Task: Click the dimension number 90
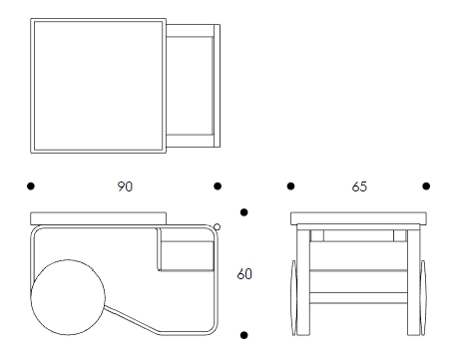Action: click(x=125, y=186)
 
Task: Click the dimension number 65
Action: click(x=359, y=186)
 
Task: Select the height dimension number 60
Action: click(x=244, y=274)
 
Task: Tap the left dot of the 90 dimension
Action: click(x=31, y=186)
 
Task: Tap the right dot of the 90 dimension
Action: click(x=218, y=186)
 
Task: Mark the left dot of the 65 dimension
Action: click(x=290, y=186)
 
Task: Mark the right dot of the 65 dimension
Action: click(x=426, y=186)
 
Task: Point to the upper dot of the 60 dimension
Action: click(x=243, y=212)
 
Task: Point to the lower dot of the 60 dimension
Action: click(x=243, y=335)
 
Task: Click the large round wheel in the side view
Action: click(x=68, y=297)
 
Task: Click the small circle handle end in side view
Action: click(x=217, y=227)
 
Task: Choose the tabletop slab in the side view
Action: click(x=99, y=218)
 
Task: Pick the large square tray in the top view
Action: click(x=99, y=86)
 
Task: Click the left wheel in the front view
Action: click(x=294, y=297)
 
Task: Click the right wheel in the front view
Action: click(x=423, y=297)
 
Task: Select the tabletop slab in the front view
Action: click(x=358, y=218)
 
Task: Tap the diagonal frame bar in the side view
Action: click(x=132, y=318)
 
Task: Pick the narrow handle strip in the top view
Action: click(x=217, y=86)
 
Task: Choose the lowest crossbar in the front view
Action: click(x=358, y=298)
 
